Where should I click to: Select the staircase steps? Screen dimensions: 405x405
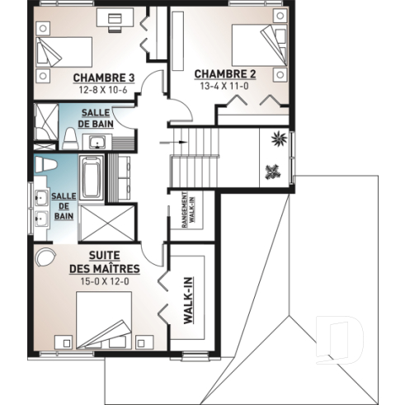[193, 158]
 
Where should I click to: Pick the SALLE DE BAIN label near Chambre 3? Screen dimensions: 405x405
[94, 118]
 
